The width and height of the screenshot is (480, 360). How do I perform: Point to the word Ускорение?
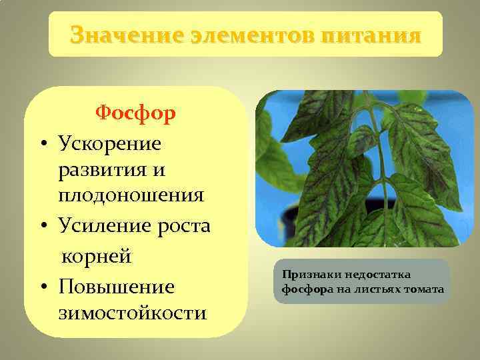[x=110, y=143]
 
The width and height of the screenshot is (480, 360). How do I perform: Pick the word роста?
[x=183, y=227]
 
